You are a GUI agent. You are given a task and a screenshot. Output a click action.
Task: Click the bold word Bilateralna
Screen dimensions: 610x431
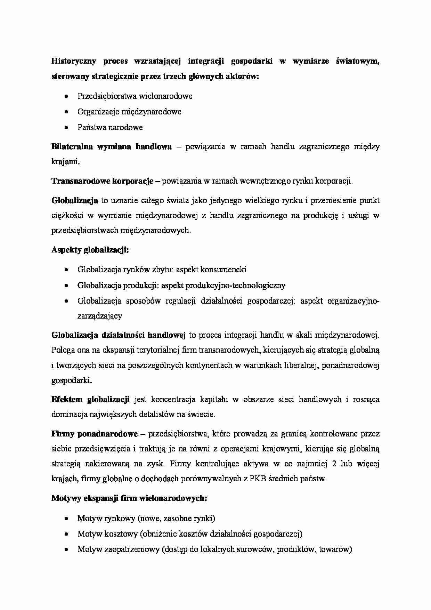tap(72, 146)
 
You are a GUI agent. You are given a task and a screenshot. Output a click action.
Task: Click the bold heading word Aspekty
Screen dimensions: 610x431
tap(66, 250)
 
